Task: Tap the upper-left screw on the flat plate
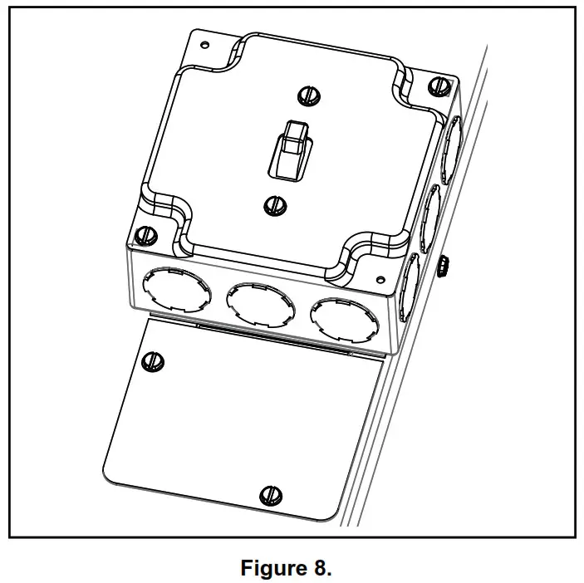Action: point(152,360)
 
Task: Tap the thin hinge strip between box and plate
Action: point(274,338)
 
